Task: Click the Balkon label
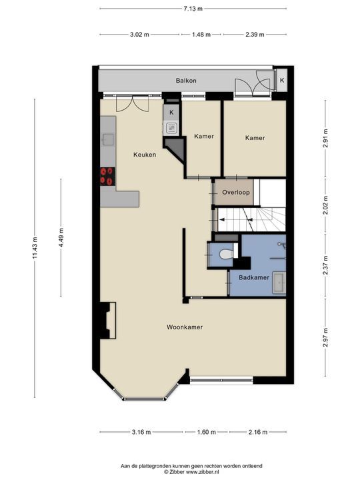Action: click(186, 81)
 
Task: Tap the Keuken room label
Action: click(145, 155)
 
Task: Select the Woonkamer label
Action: click(185, 327)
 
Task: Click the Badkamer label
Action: click(254, 277)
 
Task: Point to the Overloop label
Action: click(236, 192)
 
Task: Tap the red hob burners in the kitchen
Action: click(107, 177)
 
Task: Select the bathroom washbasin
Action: click(279, 281)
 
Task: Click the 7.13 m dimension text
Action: click(193, 9)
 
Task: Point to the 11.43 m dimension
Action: click(35, 247)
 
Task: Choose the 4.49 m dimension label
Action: click(61, 237)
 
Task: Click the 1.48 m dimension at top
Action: click(201, 35)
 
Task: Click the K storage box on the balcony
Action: click(282, 81)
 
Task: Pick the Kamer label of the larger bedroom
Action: click(255, 138)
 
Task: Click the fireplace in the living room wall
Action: click(108, 320)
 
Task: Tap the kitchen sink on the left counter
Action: click(109, 139)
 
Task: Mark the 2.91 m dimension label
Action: click(325, 138)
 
